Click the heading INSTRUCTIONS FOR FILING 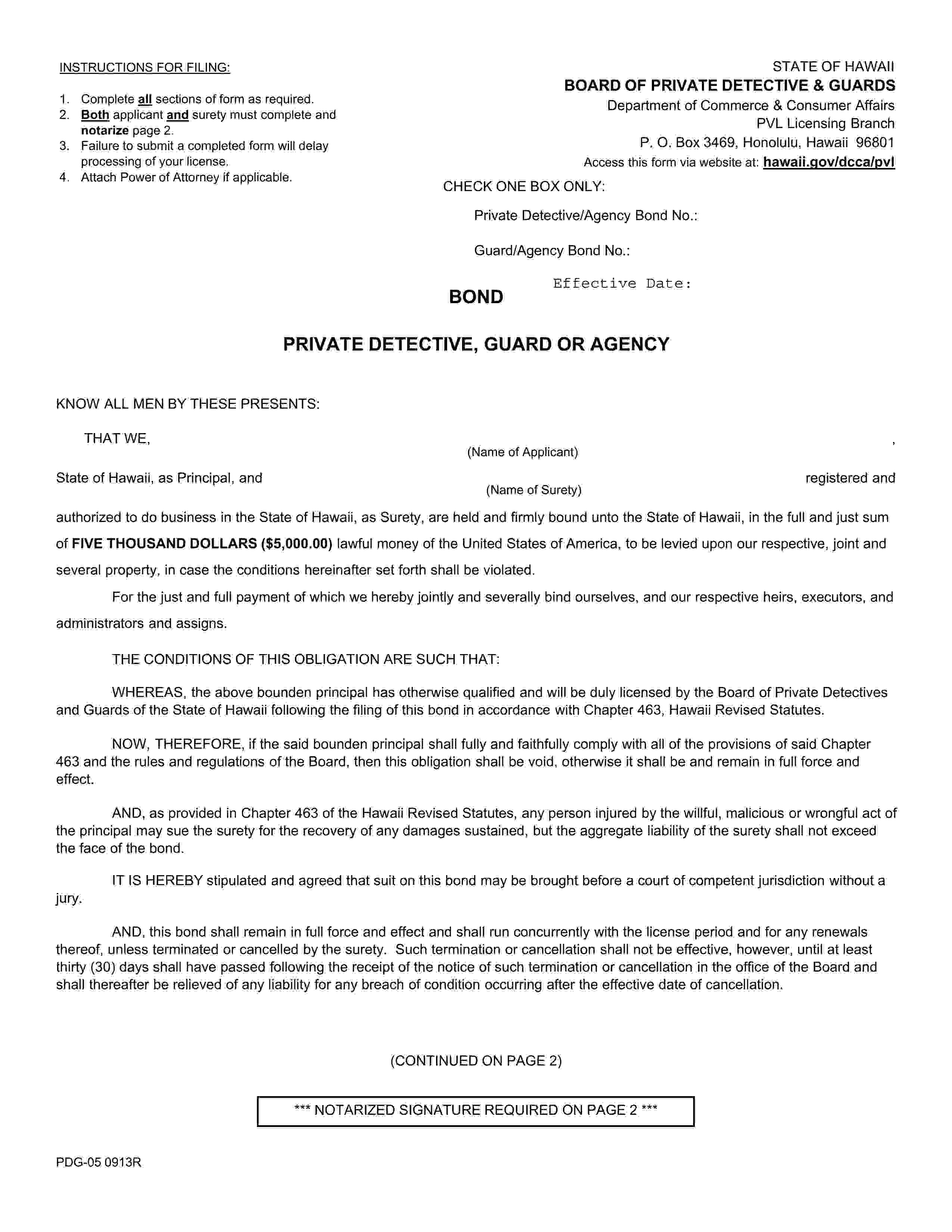coord(144,68)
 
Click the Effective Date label coord(622,283)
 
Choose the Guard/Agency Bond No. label coord(551,251)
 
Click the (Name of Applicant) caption coord(522,452)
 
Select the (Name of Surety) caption coord(533,490)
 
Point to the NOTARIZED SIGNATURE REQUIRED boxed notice coord(475,1110)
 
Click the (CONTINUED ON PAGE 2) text coord(475,1061)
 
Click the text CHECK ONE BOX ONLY coord(523,187)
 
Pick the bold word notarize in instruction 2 coord(105,130)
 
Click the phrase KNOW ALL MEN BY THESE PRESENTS coord(188,404)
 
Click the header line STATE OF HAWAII coord(833,66)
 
